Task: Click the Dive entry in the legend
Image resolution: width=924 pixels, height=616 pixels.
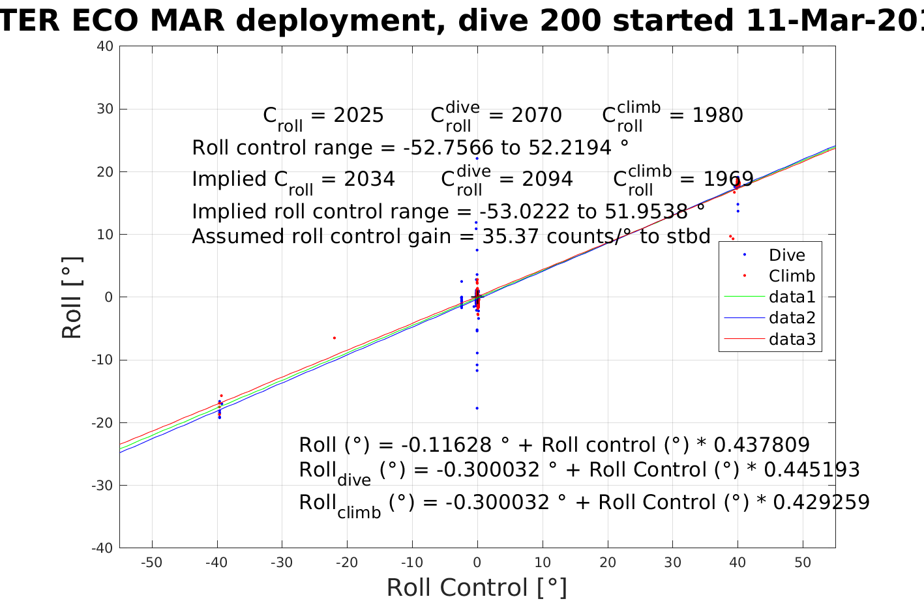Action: click(786, 256)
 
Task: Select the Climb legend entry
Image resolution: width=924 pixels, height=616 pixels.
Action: click(792, 276)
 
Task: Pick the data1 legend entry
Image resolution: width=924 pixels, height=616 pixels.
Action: click(792, 297)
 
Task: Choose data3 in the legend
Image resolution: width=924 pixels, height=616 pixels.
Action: click(792, 339)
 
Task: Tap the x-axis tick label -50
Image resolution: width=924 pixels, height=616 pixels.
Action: click(151, 563)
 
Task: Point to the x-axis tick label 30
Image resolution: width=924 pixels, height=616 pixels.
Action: click(672, 563)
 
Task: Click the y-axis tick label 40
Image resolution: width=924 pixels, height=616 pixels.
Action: click(106, 46)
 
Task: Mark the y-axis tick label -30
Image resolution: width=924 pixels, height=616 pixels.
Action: click(103, 486)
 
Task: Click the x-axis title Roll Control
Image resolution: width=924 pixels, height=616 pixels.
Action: click(477, 587)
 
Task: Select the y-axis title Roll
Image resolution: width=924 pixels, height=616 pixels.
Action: click(72, 297)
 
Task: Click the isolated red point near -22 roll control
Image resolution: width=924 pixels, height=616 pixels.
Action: click(335, 338)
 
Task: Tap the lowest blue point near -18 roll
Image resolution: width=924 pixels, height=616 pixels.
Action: click(477, 408)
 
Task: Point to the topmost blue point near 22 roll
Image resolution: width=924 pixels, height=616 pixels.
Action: click(477, 158)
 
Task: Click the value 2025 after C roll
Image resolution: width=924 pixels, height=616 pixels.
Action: click(359, 115)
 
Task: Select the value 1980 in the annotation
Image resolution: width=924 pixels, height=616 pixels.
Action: click(717, 115)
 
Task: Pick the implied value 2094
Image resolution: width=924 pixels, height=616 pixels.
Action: click(543, 179)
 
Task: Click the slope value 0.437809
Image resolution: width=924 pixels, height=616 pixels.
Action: click(762, 445)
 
